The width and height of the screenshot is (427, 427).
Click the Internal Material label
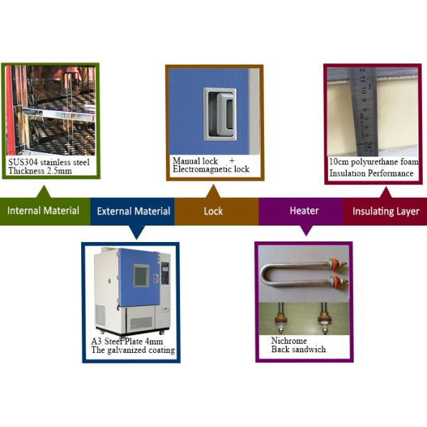pyautogui.click(x=43, y=211)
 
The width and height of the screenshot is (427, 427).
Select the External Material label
pyautogui.click(x=133, y=211)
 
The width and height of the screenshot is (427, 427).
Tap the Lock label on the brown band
pyautogui.click(x=213, y=211)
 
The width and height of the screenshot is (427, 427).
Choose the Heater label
pyautogui.click(x=304, y=211)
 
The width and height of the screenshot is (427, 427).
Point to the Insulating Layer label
pyautogui.click(x=386, y=211)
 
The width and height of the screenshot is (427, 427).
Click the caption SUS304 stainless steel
pyautogui.click(x=49, y=162)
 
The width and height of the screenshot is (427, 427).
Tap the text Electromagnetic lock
pyautogui.click(x=211, y=169)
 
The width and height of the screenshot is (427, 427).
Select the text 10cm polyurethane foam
pyautogui.click(x=374, y=162)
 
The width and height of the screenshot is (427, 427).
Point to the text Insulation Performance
pyautogui.click(x=371, y=173)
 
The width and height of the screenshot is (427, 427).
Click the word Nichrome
pyautogui.click(x=288, y=341)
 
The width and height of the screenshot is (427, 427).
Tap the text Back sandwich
pyautogui.click(x=298, y=350)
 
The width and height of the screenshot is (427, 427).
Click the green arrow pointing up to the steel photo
pyautogui.click(x=45, y=190)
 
